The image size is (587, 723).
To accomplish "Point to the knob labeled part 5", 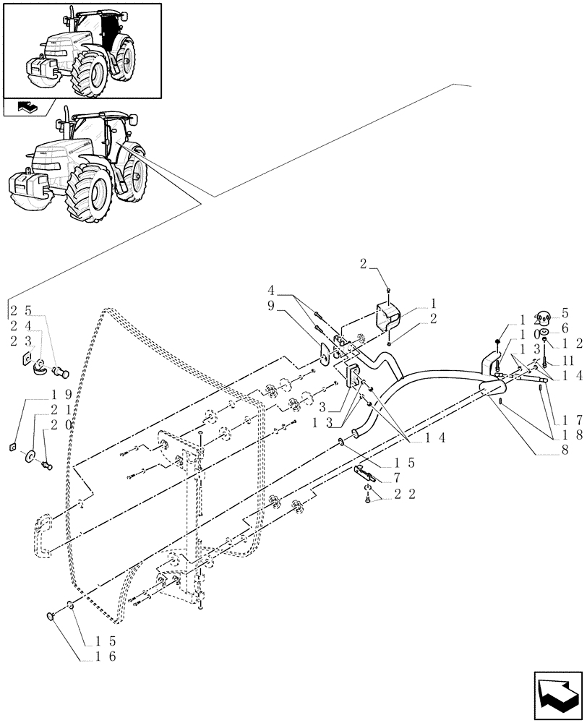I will pyautogui.click(x=544, y=315).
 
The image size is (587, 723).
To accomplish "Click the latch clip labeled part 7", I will pyautogui.click(x=364, y=474).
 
